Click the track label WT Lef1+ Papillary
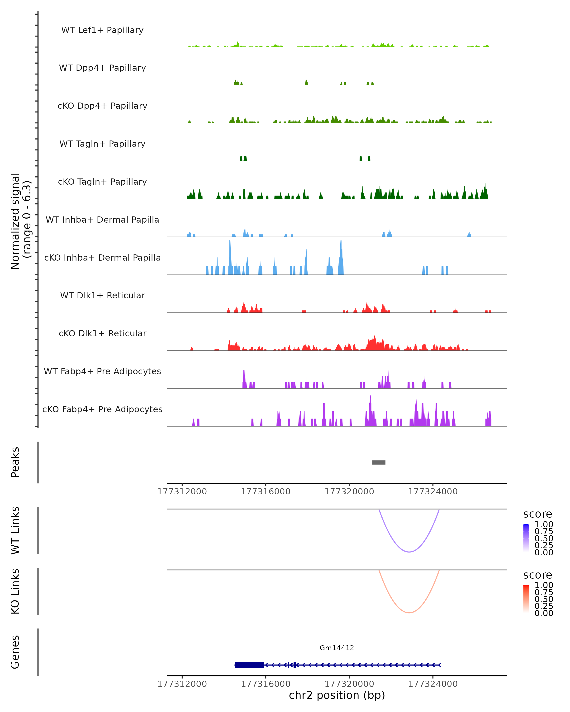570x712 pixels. (x=102, y=30)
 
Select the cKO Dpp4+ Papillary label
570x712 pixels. (x=102, y=106)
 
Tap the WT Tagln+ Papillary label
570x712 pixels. (x=102, y=144)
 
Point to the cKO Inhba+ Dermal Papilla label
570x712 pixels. (x=102, y=258)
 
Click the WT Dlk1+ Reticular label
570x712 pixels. (x=102, y=295)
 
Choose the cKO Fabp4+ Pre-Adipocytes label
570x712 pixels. (x=102, y=409)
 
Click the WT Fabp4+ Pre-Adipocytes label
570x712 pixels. (x=102, y=371)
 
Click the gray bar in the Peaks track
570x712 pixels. (x=379, y=462)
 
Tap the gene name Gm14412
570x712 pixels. (x=337, y=648)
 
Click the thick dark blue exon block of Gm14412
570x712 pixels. (x=249, y=665)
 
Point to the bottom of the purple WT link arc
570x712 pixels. (x=409, y=552)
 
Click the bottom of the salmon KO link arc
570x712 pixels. (x=409, y=613)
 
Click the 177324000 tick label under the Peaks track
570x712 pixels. (x=433, y=492)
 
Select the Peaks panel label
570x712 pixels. (x=15, y=462)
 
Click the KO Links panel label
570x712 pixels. (x=15, y=591)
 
